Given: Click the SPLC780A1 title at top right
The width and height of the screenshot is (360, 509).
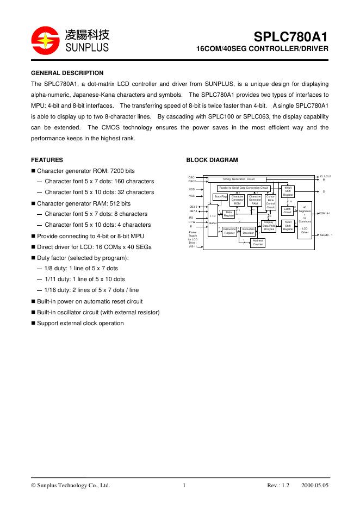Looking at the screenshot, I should [x=291, y=38].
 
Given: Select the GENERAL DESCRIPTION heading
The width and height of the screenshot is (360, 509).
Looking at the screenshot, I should [x=67, y=73].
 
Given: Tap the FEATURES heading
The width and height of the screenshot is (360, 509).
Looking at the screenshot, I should [x=47, y=160].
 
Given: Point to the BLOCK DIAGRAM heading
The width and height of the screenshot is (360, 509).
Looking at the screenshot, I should [x=212, y=160].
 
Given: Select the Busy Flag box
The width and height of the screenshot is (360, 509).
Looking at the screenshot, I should [x=220, y=196].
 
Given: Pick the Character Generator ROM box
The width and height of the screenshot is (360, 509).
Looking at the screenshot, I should [x=237, y=200].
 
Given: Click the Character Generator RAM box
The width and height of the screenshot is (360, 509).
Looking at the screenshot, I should [x=255, y=200].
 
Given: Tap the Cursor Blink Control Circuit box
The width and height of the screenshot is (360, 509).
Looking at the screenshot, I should [x=271, y=202].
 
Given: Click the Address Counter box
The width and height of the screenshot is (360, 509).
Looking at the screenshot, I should [x=258, y=243].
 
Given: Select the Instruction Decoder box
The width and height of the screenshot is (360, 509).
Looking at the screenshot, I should [x=248, y=231].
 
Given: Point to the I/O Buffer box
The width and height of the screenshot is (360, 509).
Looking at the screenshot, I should [x=213, y=220].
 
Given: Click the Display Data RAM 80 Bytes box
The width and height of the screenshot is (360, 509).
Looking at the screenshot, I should [x=269, y=226].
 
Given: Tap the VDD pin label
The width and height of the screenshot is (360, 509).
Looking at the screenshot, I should [x=192, y=189].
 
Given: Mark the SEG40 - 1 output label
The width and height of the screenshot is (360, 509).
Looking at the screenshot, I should [x=326, y=235].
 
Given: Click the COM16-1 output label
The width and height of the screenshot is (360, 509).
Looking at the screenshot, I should [x=325, y=214].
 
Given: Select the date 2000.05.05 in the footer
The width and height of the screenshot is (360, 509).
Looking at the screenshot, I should [x=315, y=486].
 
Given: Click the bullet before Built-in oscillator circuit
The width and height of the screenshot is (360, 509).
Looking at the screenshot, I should [x=33, y=312].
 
